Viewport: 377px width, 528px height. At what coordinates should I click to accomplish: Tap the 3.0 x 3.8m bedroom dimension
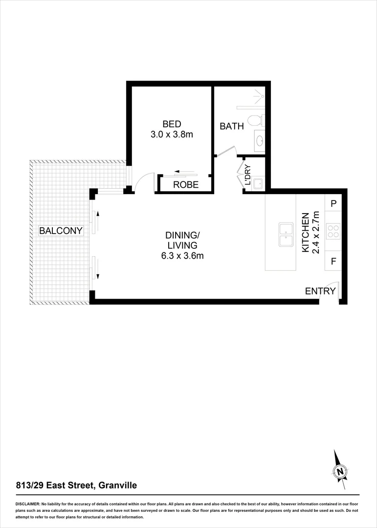(x=172, y=134)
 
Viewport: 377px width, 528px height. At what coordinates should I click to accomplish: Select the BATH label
(x=231, y=126)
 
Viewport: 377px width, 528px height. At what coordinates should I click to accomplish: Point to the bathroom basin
(x=259, y=142)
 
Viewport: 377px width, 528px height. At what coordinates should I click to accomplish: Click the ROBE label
(x=186, y=185)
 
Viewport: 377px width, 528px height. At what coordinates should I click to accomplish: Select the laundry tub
(x=258, y=183)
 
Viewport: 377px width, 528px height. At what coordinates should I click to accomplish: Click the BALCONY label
(x=61, y=230)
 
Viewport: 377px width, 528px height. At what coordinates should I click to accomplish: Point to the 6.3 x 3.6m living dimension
(x=181, y=256)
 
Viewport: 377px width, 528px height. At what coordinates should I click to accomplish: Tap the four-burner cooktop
(x=333, y=231)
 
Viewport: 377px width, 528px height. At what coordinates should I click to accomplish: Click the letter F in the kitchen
(x=333, y=261)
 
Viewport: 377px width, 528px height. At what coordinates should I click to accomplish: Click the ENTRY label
(x=320, y=291)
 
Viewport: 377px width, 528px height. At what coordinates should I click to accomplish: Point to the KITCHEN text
(x=305, y=232)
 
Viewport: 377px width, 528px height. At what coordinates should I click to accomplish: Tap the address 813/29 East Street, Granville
(x=76, y=485)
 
